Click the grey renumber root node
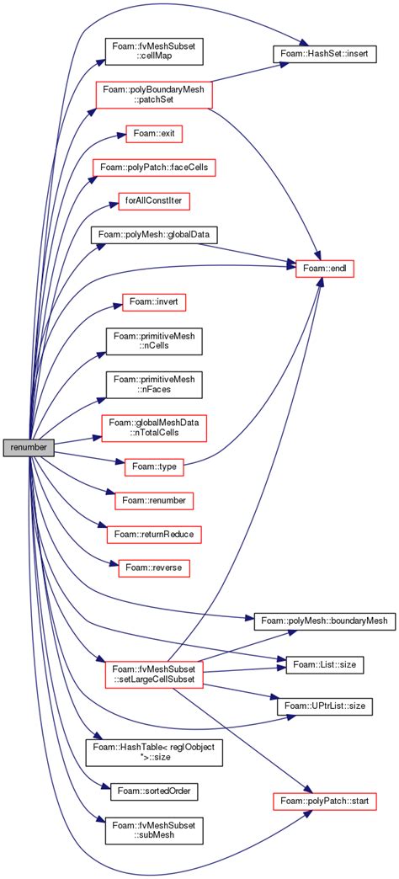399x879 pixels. pyautogui.click(x=29, y=447)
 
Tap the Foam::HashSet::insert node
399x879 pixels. pyautogui.click(x=322, y=53)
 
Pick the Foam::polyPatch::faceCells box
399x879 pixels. pyautogui.click(x=154, y=168)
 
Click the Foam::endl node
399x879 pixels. pyautogui.click(x=322, y=268)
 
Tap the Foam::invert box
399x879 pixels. pyautogui.click(x=154, y=301)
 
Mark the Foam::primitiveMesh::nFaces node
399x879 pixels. pyautogui.click(x=154, y=386)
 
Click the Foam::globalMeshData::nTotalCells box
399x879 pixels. pyautogui.click(x=154, y=427)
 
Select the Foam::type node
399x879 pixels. pyautogui.click(x=154, y=465)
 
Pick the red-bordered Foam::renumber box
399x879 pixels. pyautogui.click(x=154, y=500)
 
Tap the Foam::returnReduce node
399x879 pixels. pyautogui.click(x=154, y=534)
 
